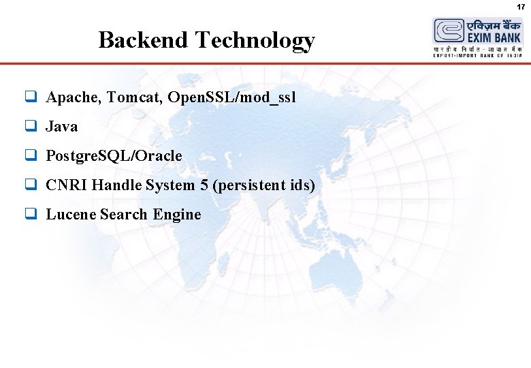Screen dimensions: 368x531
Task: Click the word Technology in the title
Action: (255, 41)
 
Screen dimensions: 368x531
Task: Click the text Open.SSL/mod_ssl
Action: (231, 97)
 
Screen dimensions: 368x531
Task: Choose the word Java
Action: (62, 127)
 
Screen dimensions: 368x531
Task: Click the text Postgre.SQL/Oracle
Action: (114, 156)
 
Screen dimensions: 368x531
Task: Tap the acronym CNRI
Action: (67, 185)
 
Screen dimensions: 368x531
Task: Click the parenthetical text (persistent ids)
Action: (263, 185)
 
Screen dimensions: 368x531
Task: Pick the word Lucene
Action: (71, 215)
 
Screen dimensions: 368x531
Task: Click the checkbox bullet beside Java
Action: (31, 127)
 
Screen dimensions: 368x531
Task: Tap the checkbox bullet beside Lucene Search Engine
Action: (31, 215)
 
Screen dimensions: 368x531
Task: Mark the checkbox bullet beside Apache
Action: (31, 97)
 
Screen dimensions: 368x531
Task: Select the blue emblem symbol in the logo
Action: (448, 31)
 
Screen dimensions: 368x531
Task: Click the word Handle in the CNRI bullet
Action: (116, 185)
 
